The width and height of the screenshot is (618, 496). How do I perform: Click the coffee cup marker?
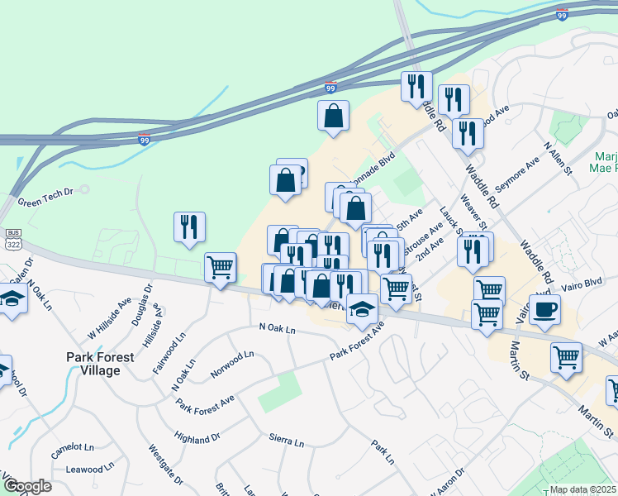pos(544,310)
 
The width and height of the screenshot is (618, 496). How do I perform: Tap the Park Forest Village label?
pos(105,364)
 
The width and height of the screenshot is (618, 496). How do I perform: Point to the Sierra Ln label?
pos(288,438)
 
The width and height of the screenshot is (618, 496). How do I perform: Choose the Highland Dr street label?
pos(198,436)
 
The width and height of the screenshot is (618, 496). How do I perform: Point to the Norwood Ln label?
pos(231,365)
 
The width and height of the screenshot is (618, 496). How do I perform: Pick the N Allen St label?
pos(558,157)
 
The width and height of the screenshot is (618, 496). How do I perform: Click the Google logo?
pos(27,486)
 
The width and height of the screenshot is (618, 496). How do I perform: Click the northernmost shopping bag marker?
pos(333,117)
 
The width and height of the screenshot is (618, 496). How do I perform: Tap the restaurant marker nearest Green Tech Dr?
pos(189,227)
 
